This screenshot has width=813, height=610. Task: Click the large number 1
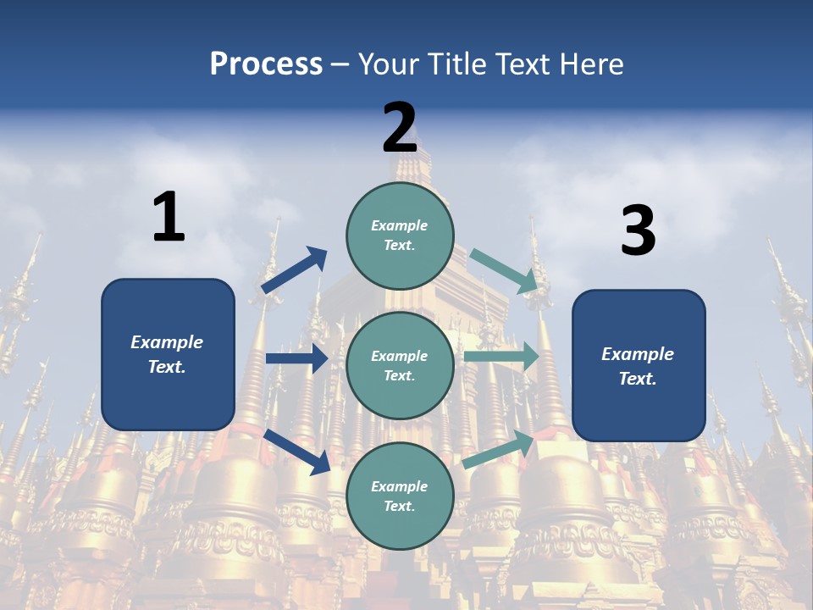169,217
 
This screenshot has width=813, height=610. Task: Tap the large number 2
400,128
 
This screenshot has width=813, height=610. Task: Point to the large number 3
639,230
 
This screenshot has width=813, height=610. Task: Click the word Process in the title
266,64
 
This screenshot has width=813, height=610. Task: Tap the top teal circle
400,235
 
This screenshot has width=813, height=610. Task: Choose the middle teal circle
400,365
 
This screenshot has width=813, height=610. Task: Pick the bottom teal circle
400,496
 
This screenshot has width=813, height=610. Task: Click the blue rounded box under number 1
168,354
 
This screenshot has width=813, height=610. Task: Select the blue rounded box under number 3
639,365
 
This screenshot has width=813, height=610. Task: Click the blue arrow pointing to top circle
295,270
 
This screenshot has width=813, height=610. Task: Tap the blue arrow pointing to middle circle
296,358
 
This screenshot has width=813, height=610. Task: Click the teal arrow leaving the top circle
505,271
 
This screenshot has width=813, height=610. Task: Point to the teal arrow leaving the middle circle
501,357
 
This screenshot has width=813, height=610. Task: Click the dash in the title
340,65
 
